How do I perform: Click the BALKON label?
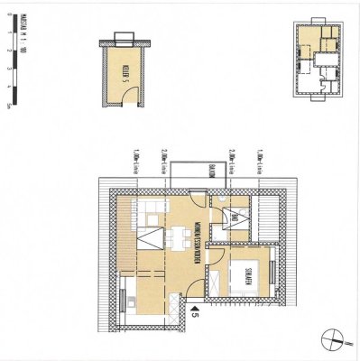(207, 171)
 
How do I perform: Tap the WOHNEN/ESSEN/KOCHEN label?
(198, 242)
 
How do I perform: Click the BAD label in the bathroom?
(232, 217)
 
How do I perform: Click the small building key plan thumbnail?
(319, 60)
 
